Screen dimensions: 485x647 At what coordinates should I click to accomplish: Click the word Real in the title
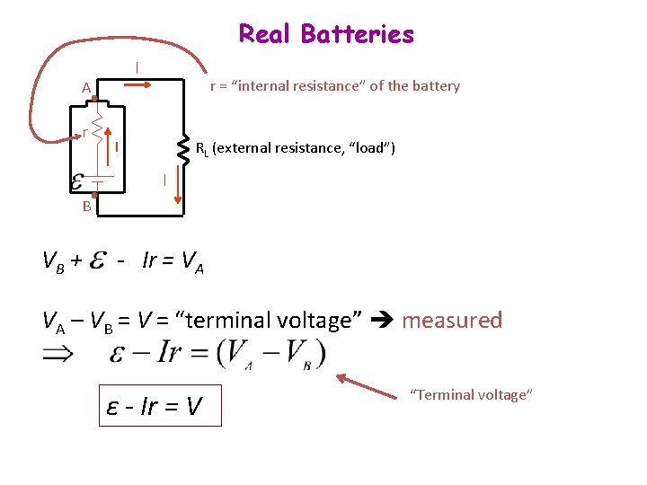[x=266, y=34]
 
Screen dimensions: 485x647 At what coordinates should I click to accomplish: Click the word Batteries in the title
[x=358, y=34]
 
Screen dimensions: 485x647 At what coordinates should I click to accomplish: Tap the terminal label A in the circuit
[x=85, y=88]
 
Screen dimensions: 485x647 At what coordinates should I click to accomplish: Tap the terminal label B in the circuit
[x=86, y=206]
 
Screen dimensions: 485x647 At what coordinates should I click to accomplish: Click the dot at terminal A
[x=94, y=97]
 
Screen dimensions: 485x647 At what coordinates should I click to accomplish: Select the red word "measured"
[x=452, y=320]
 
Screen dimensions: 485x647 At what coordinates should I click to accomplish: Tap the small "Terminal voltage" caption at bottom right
[x=472, y=394]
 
